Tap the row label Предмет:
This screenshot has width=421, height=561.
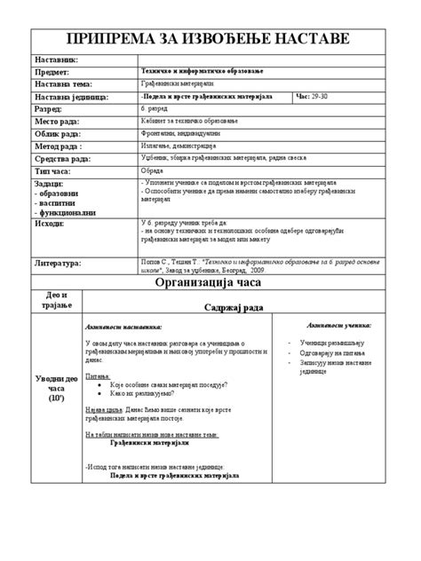tap(55, 71)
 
